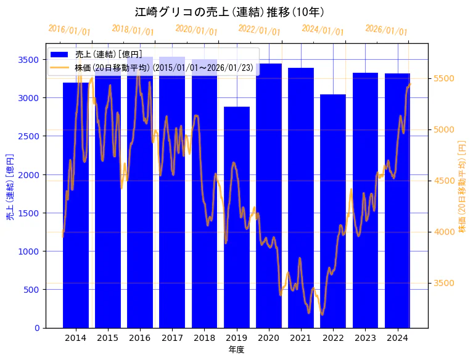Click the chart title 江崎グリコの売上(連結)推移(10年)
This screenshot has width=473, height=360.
tap(229, 12)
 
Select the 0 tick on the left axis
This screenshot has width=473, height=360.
tap(36, 328)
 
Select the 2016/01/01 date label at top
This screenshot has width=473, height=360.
tap(69, 30)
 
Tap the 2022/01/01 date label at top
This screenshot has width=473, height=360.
tap(259, 30)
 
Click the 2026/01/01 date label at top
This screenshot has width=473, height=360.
tap(386, 30)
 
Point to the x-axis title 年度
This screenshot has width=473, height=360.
tap(236, 350)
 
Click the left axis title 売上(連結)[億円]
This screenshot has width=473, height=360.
tap(10, 186)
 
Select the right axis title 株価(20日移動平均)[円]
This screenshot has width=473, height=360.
tap(462, 186)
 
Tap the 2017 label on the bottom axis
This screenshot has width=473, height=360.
tap(172, 338)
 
